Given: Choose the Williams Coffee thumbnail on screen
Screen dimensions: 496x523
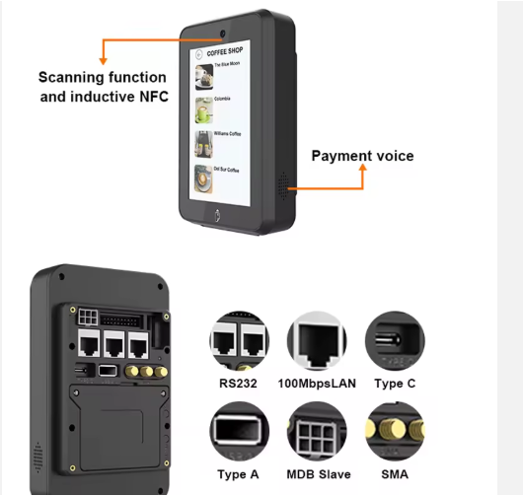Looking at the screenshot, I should pos(204,140).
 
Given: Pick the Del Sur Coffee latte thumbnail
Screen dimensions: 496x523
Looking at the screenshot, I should pos(204,177).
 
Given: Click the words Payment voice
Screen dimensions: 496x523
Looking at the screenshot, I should pos(362,156).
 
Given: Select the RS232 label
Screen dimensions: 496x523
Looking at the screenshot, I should pos(238,383).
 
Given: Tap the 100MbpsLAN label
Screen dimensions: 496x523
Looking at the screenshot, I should pos(317,383).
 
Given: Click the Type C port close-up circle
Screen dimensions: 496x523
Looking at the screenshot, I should pos(394,340).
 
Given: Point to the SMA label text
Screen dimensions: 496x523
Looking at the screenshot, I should pos(394,475).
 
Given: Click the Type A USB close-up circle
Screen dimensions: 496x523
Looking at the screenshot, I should pos(238,432).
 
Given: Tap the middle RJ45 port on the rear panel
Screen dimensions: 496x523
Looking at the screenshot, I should pos(112,344).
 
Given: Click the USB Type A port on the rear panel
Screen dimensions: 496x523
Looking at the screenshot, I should pos(108,370).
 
